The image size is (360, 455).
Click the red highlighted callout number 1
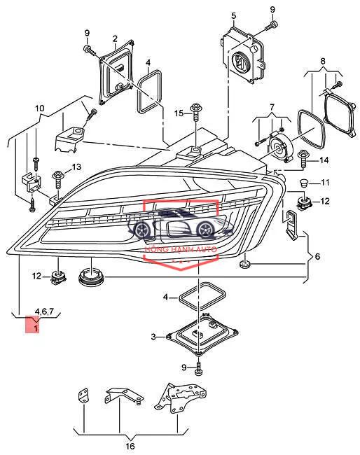click(36, 329)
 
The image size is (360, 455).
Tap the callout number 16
click(130, 445)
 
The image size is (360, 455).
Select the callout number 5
click(234, 15)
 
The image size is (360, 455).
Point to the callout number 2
click(115, 38)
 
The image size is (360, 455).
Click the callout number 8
click(323, 61)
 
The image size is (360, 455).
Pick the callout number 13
click(76, 167)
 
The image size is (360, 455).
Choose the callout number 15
click(179, 113)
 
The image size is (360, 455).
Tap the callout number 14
click(324, 160)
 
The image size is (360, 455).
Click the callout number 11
click(325, 183)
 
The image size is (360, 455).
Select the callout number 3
click(153, 337)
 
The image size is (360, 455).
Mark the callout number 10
click(40, 108)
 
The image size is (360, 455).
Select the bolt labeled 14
click(303, 158)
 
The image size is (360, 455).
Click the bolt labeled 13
click(58, 180)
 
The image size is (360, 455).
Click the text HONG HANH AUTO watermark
click(181, 249)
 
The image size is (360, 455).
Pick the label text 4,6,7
click(44, 311)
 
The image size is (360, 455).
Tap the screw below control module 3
click(199, 368)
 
